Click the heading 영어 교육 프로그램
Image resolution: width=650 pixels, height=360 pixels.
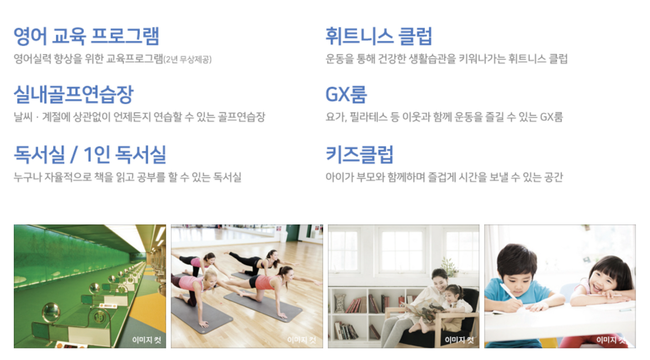[86, 36]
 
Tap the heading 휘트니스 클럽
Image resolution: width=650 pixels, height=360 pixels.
[378, 36]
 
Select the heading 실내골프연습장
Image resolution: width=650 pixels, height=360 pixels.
[73, 94]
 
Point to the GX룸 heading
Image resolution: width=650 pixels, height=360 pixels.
[346, 94]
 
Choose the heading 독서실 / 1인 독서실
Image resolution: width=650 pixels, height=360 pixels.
[90, 154]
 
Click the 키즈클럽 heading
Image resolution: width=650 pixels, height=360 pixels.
[360, 154]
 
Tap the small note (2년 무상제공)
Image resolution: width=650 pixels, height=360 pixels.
[188, 60]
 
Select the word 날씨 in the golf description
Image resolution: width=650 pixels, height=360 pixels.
[23, 117]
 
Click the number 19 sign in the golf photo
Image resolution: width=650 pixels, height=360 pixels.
[99, 317]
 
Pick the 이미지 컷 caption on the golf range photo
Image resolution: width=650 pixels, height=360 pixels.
[147, 340]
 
